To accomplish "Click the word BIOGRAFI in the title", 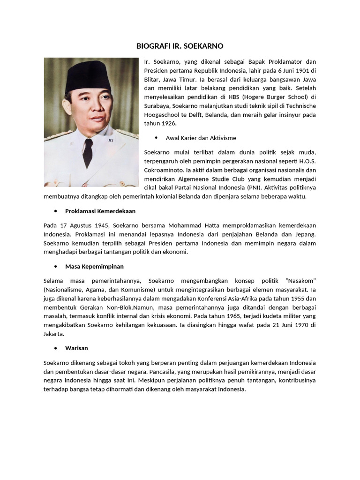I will tap(151, 46).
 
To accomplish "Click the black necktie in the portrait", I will tap(88, 152).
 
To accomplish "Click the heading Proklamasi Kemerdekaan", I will tap(100, 211).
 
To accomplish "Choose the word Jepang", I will tap(305, 234).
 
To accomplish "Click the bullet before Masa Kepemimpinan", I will tap(55, 266).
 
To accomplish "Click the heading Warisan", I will tap(76, 348).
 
